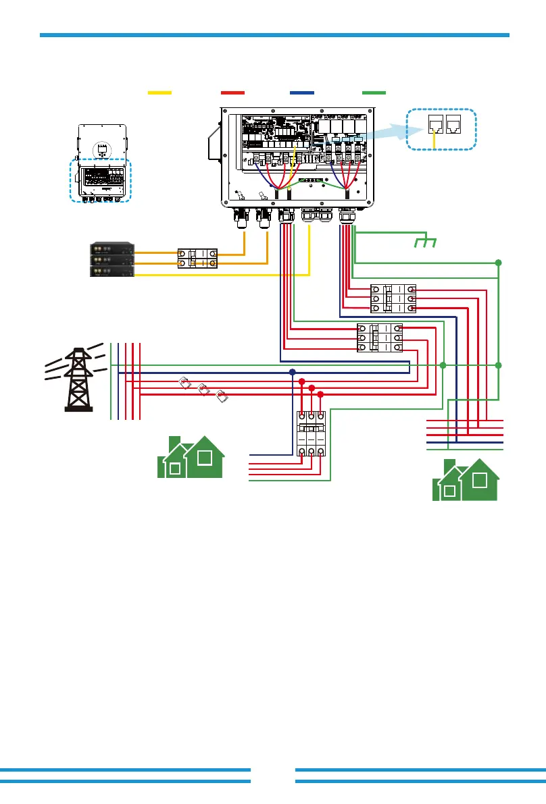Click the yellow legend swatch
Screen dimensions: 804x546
159,92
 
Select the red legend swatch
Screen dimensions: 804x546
232,92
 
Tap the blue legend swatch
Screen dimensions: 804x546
301,92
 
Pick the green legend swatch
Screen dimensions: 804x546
374,92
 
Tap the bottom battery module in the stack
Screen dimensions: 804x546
112,271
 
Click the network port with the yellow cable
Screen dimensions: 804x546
435,124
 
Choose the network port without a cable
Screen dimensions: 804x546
455,124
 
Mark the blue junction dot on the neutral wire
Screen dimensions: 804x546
292,372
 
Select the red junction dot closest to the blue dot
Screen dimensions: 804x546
301,381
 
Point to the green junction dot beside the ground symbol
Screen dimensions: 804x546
499,262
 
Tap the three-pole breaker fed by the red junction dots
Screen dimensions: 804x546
311,436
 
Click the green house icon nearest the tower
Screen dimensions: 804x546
191,458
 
